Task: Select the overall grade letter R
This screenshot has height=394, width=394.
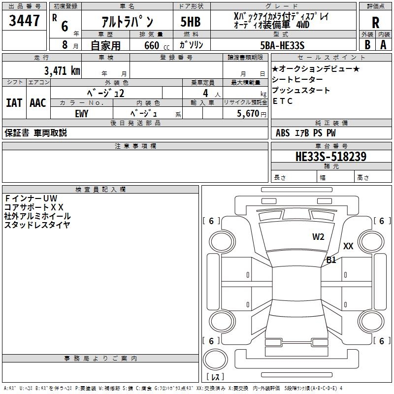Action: tap(375, 23)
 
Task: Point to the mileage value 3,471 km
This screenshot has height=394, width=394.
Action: tap(62, 70)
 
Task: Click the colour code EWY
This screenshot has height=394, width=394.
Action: tap(82, 113)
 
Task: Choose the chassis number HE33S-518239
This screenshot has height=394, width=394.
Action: tap(330, 157)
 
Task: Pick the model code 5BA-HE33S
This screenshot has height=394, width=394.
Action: tap(282, 45)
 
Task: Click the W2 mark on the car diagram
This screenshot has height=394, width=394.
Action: tap(318, 237)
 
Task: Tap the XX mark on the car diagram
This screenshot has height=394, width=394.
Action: tap(348, 246)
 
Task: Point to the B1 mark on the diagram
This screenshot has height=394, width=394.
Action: tap(331, 260)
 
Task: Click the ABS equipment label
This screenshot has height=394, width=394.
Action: tap(283, 132)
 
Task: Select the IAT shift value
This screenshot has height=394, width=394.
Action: tap(14, 102)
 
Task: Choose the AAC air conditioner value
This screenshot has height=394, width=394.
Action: tap(37, 102)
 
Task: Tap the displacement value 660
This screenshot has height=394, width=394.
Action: tap(151, 45)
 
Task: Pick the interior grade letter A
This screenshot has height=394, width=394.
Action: tap(383, 45)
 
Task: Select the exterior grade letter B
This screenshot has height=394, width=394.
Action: tap(367, 45)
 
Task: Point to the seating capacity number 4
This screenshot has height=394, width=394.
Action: tap(205, 93)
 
